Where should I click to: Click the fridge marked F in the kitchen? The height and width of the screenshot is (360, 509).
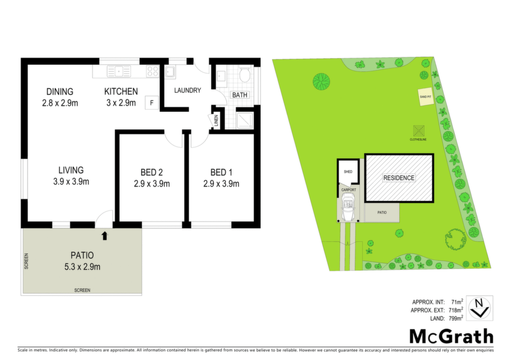(152, 103)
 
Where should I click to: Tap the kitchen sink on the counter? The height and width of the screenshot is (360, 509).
(119, 71)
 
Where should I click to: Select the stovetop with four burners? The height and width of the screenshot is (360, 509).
(152, 71)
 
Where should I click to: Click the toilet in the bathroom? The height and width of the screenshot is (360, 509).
(245, 75)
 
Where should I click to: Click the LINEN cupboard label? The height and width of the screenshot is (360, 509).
(216, 121)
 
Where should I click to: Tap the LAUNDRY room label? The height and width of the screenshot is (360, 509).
(187, 90)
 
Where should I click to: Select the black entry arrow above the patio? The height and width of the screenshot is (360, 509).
(104, 236)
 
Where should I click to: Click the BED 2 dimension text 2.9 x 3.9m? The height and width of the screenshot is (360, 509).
(152, 184)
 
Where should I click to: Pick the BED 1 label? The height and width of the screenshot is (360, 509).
(221, 173)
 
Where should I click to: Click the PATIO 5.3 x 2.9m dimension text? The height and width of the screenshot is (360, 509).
(83, 267)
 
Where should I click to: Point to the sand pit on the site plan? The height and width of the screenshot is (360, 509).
(425, 97)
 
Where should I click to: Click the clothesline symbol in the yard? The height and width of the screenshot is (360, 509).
(419, 131)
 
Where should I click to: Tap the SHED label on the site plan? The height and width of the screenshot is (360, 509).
(348, 172)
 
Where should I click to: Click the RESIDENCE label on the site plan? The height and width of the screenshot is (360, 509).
(399, 178)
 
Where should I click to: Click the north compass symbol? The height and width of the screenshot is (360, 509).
(480, 308)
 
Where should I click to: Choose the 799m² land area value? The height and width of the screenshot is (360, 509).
(456, 318)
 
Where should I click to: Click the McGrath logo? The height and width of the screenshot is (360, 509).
(451, 336)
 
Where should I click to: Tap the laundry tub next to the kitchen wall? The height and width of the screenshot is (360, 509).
(170, 72)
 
